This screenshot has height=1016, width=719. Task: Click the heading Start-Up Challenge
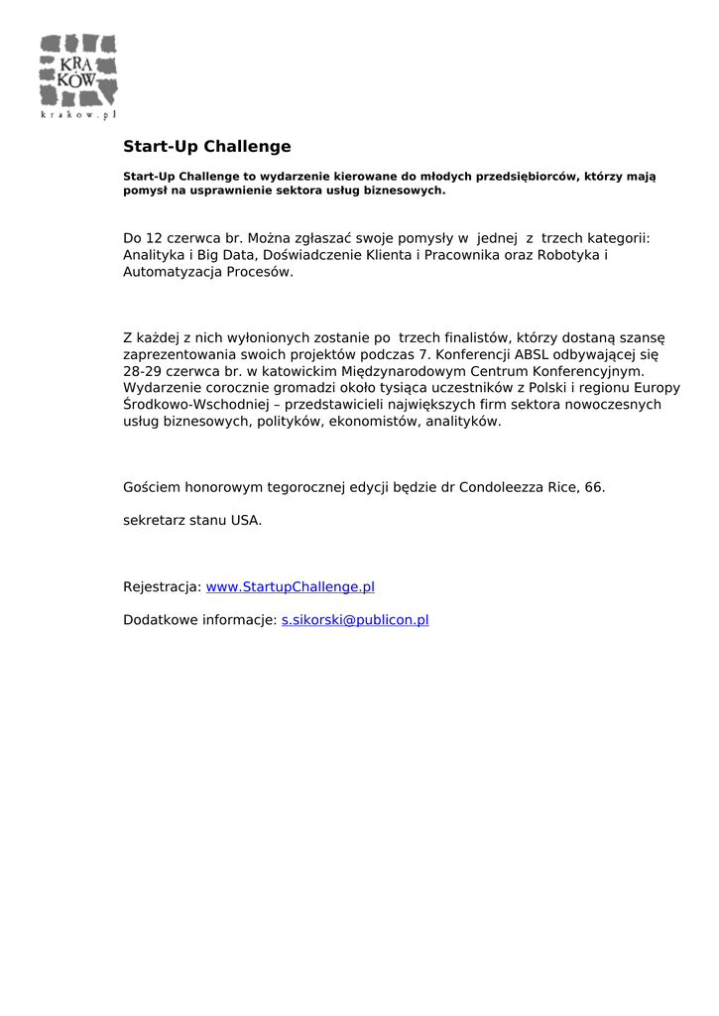[x=206, y=147]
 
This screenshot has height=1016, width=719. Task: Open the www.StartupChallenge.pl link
[x=290, y=586]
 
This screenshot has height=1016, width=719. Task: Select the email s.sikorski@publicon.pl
[x=355, y=620]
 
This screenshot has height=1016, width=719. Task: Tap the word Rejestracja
[x=162, y=586]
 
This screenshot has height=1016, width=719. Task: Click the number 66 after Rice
[x=593, y=487]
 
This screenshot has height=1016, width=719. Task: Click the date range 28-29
[x=143, y=370]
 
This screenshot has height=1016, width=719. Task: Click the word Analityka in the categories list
[x=153, y=255]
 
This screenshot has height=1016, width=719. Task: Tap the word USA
[x=246, y=520]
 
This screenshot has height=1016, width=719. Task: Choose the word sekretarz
[x=154, y=520]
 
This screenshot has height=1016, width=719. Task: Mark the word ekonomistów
[x=374, y=421]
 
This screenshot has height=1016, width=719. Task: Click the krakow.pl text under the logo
[x=78, y=115]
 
